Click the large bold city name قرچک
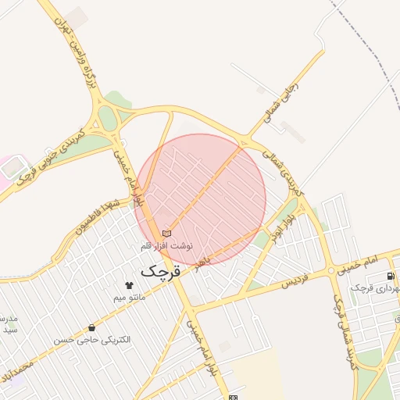159,271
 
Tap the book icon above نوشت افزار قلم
166,234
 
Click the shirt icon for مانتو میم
130,285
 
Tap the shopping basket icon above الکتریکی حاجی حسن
93,328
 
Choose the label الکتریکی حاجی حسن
93,341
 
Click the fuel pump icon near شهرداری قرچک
390,277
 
